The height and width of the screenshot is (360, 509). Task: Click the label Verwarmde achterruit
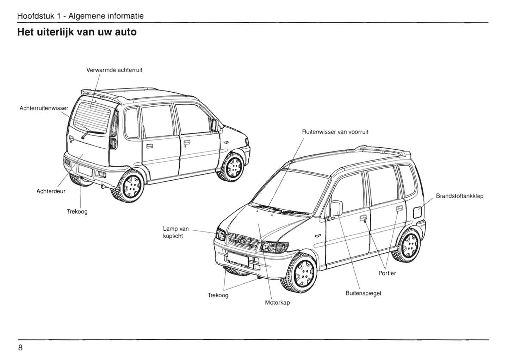pyautogui.click(x=114, y=70)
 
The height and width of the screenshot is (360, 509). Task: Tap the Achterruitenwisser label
pyautogui.click(x=44, y=108)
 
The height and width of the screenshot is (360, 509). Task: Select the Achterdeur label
pyautogui.click(x=51, y=191)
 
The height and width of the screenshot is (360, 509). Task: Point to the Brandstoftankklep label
pyautogui.click(x=459, y=196)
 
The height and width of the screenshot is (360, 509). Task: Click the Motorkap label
pyautogui.click(x=277, y=303)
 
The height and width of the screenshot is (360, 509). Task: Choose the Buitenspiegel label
pyautogui.click(x=363, y=293)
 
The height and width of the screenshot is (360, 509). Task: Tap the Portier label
pyautogui.click(x=387, y=273)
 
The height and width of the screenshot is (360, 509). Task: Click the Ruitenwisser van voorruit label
pyautogui.click(x=335, y=132)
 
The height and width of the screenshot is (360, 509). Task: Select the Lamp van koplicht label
pyautogui.click(x=176, y=232)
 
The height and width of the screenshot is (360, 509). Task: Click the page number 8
pyautogui.click(x=20, y=348)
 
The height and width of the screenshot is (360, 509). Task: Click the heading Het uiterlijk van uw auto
pyautogui.click(x=77, y=32)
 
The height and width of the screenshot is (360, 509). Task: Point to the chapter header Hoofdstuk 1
pyautogui.click(x=80, y=16)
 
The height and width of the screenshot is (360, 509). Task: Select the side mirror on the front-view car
pyautogui.click(x=336, y=208)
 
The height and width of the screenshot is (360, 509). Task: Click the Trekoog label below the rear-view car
pyautogui.click(x=77, y=212)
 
